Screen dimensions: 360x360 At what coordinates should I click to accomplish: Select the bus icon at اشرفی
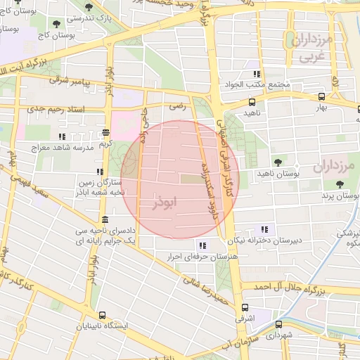click(x=245, y=307)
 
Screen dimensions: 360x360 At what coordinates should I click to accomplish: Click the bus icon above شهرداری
click(x=279, y=324)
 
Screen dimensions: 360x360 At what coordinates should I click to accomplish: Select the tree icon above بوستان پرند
click(x=340, y=184)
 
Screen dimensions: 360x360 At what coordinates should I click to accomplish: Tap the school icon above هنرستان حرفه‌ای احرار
click(x=202, y=245)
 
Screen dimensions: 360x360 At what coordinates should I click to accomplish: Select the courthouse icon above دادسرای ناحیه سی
click(x=104, y=219)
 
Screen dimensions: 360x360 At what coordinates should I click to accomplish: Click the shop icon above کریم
click(x=105, y=132)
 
